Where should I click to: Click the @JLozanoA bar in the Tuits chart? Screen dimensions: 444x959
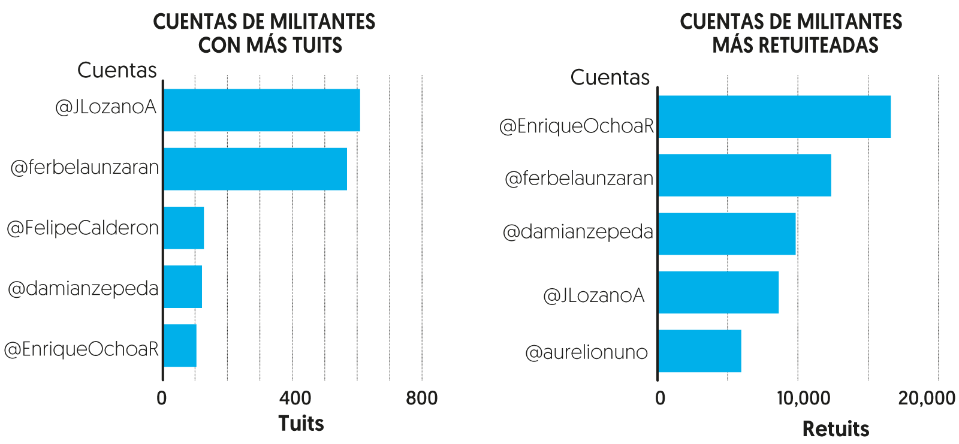coord(261,110)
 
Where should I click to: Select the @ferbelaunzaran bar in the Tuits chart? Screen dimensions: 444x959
coord(255,169)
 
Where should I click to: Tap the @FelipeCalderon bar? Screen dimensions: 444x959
coord(183,228)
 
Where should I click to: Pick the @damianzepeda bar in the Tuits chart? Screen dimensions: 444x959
coord(182,286)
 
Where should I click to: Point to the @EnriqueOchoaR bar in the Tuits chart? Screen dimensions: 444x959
coord(180,345)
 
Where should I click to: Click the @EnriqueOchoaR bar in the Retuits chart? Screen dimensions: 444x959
coord(774,117)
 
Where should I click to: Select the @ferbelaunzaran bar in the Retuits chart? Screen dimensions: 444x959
coord(744,175)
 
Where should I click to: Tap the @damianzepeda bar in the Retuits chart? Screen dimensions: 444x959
coord(726,234)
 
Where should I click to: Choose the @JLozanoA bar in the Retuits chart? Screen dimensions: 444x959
coord(718,292)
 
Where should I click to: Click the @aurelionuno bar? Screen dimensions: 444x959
coord(699,351)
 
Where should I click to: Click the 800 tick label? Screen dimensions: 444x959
coord(421,398)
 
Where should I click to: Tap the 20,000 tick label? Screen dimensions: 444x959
coord(927,398)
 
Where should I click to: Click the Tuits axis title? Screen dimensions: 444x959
coord(301,424)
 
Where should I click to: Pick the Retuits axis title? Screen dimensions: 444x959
coord(836,429)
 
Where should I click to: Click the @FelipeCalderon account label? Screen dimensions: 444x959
coord(83,228)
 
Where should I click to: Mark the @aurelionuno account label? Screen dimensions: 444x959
coord(586,352)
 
